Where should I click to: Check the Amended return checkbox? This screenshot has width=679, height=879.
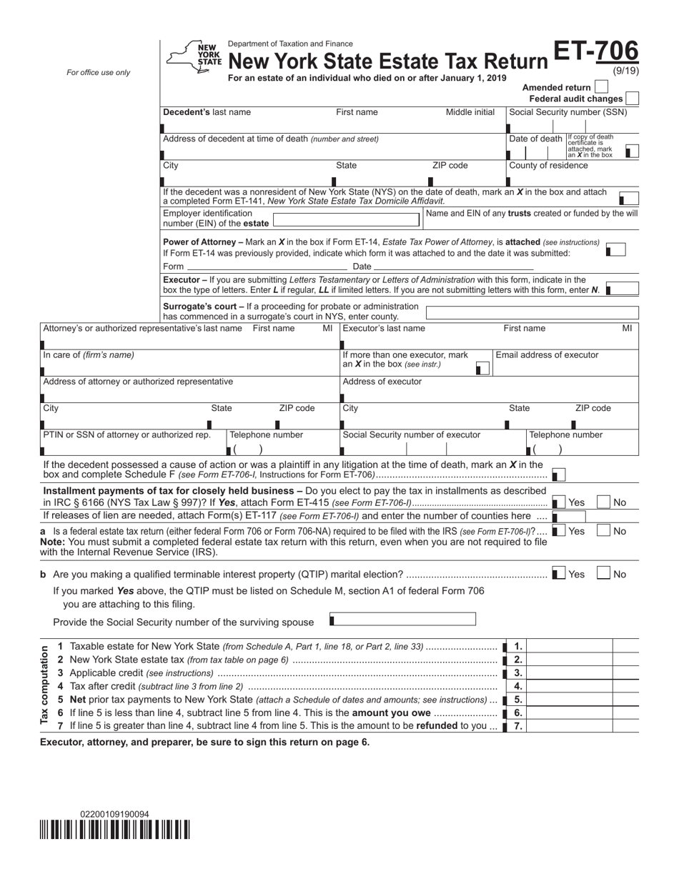coord(601,87)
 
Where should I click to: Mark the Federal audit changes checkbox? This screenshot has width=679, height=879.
coord(632,99)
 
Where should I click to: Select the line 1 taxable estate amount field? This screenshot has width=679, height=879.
coord(570,646)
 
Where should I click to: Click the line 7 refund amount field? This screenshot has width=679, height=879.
coord(570,726)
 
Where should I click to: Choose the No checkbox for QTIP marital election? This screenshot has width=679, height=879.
coord(603,574)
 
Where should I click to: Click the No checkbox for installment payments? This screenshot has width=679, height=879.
coord(603,502)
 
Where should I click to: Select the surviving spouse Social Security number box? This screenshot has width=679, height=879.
coord(402,620)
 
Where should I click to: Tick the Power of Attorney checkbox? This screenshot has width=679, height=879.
coord(615,249)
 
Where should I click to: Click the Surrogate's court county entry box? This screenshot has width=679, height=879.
coord(532,313)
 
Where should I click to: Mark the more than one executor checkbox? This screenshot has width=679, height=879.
coord(483,368)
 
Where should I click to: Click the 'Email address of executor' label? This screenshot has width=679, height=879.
coord(547,355)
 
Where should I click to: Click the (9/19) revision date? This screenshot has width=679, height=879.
coord(626,70)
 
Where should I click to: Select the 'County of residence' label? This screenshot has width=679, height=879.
coord(548,166)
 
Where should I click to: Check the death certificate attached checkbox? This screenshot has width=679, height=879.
coord(632,152)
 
